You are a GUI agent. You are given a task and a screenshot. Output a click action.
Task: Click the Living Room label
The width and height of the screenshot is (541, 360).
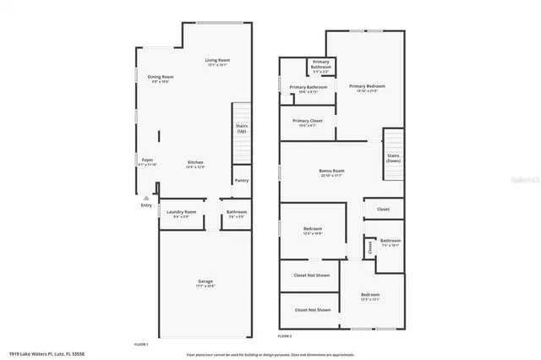click(x=217, y=61)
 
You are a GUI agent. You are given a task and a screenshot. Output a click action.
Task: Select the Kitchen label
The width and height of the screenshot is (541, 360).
click(x=195, y=162)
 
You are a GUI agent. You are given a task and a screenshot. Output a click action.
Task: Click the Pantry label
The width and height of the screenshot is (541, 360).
click(x=242, y=180)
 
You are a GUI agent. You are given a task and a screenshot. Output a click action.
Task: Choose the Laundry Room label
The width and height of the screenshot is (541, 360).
click(x=181, y=212)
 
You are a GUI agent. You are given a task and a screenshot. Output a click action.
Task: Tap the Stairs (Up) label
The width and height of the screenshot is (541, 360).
click(x=242, y=128)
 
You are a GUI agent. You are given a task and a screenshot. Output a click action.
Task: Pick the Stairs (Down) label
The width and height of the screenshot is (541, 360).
click(x=393, y=158)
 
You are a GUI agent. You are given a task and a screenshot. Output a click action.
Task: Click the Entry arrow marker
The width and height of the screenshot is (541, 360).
click(x=145, y=198)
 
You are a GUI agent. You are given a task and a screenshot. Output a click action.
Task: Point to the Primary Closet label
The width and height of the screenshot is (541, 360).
click(x=308, y=122)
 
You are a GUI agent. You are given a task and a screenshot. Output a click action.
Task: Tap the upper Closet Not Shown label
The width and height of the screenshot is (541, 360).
click(x=312, y=275)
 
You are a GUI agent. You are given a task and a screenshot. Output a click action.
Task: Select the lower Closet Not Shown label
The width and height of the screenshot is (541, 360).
click(x=312, y=309)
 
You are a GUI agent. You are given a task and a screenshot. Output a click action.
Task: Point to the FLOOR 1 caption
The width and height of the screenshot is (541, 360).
click(x=141, y=344)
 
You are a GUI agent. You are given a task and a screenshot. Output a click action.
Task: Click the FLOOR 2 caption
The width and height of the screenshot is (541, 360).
click(x=286, y=336)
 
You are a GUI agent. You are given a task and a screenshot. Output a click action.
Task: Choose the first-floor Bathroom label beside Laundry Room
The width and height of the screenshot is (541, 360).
click(x=237, y=212)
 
